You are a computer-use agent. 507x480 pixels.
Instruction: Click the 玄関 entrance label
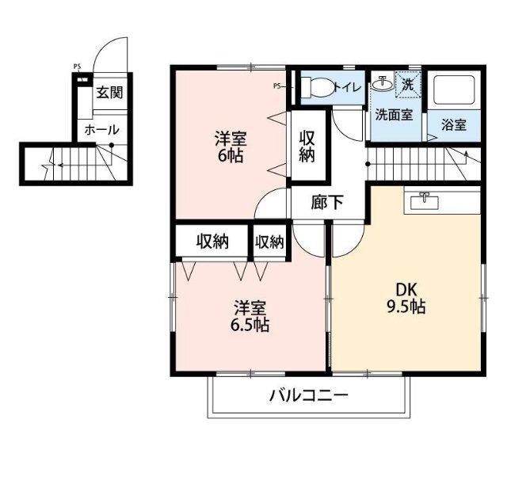(109, 93)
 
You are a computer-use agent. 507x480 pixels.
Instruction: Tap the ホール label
(101, 129)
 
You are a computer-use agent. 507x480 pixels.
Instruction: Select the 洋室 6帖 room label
(231, 147)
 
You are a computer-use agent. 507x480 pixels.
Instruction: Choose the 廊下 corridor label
(327, 202)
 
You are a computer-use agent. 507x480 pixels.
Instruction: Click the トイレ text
(348, 87)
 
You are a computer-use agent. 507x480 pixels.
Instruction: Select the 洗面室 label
(393, 114)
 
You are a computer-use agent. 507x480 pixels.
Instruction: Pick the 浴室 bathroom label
(453, 124)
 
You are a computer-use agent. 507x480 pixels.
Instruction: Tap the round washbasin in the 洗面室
(382, 83)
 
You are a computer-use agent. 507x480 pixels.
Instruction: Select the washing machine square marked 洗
(407, 82)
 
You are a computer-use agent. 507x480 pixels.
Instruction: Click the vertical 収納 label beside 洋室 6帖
(307, 145)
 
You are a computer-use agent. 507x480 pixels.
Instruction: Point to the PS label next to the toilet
(277, 86)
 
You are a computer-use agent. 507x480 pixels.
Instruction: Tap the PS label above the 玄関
(77, 67)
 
